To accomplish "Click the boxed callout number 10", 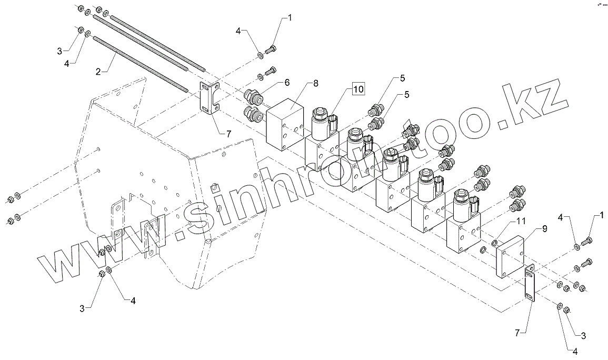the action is click(358, 89).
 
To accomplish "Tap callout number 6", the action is click(287, 82).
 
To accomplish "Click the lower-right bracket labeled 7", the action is click(529, 283).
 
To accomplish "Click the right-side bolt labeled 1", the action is click(587, 241).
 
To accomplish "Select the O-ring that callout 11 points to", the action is click(494, 242).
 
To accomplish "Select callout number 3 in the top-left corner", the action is click(60, 51).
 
